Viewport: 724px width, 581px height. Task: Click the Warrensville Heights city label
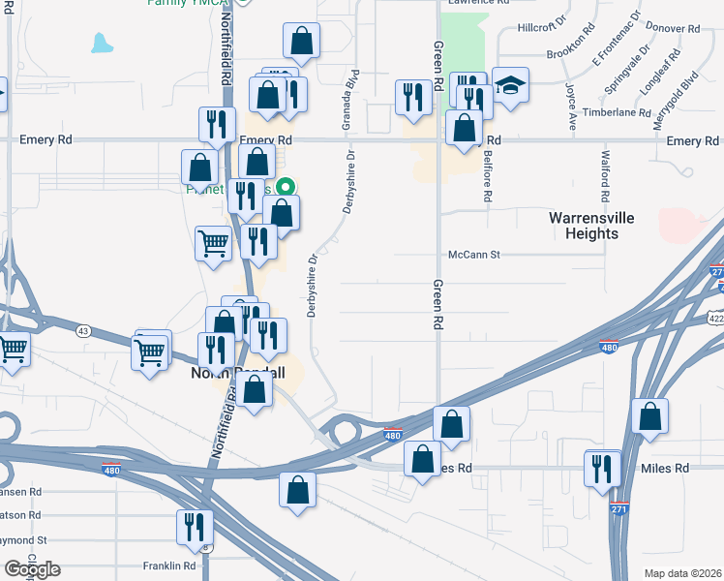click(x=591, y=226)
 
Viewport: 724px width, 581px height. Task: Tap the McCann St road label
click(x=472, y=255)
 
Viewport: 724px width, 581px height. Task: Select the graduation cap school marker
click(x=509, y=85)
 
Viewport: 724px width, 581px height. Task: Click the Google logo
click(x=32, y=569)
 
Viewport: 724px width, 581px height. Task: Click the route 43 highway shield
click(x=83, y=332)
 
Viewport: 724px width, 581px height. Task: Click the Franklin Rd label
click(x=169, y=566)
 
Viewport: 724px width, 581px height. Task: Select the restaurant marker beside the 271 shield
click(x=602, y=469)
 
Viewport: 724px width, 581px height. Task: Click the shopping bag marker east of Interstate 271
click(x=650, y=415)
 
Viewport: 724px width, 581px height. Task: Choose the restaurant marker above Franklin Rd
click(x=195, y=526)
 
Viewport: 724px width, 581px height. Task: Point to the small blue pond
click(x=100, y=43)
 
